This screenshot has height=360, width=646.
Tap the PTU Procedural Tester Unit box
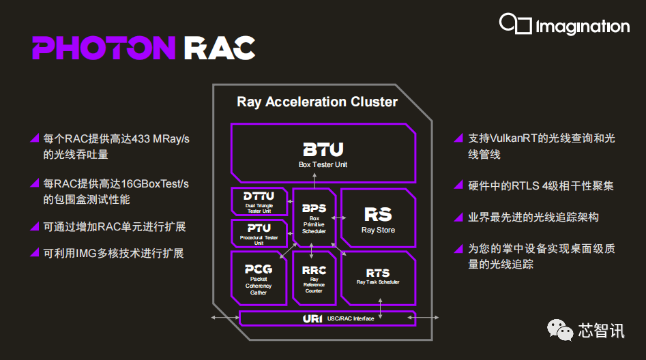tap(259, 232)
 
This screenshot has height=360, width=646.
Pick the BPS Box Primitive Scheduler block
tap(314, 217)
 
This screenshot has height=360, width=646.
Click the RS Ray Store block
tap(378, 218)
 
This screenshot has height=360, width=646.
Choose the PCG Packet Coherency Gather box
tap(259, 277)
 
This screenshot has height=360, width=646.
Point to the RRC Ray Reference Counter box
tap(314, 277)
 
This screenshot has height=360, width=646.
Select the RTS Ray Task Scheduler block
tap(378, 276)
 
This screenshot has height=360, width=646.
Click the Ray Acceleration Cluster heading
tap(317, 102)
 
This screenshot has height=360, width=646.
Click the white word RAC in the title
tap(219, 48)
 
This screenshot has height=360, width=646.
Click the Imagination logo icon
tap(515, 25)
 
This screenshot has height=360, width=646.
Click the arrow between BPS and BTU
tap(314, 179)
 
